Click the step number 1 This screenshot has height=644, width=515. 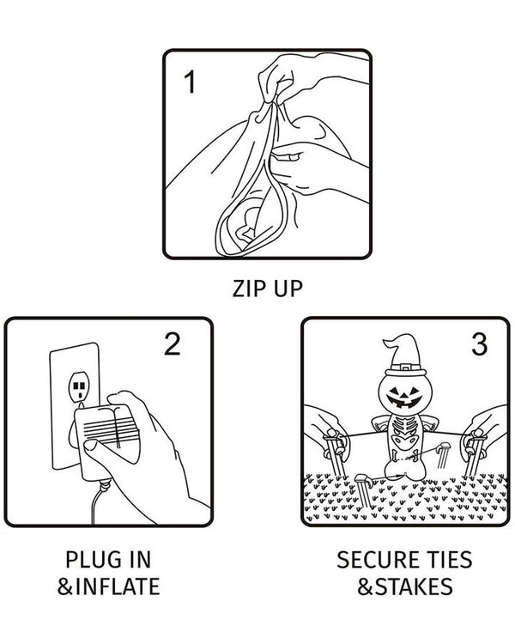tap(190, 82)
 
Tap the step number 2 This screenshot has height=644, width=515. tap(172, 343)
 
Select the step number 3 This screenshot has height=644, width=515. tap(479, 343)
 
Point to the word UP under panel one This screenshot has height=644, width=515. tap(288, 289)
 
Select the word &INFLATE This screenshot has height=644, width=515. tap(108, 586)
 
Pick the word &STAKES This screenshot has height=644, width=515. tap(405, 586)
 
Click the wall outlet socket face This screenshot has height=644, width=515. tap(79, 387)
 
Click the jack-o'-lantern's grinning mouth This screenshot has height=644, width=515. tap(404, 401)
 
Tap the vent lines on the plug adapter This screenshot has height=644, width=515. tap(110, 429)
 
